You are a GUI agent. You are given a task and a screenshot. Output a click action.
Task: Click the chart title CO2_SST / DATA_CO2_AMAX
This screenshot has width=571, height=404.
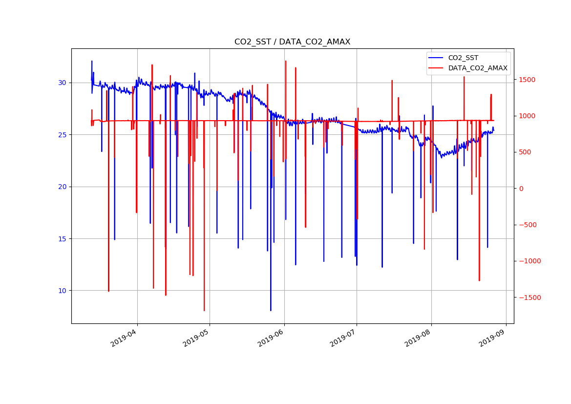click(x=292, y=42)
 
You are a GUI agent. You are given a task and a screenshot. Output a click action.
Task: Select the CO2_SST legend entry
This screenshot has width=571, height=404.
click(x=463, y=58)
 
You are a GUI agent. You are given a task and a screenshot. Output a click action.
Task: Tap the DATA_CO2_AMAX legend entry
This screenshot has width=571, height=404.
click(x=477, y=68)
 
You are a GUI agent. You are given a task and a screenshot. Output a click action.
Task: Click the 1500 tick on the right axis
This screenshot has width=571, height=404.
click(x=527, y=80)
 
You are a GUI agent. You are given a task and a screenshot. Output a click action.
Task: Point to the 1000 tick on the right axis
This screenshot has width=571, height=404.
click(x=527, y=116)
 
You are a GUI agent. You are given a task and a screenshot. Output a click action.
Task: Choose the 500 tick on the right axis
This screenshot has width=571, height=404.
click(x=525, y=152)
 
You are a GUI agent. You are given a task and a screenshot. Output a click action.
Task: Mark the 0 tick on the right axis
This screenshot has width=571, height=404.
click(x=521, y=189)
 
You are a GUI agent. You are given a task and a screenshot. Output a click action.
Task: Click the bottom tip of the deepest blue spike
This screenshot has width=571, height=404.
click(x=271, y=311)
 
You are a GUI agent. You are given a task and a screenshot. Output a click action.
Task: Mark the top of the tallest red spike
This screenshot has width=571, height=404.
click(x=286, y=61)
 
